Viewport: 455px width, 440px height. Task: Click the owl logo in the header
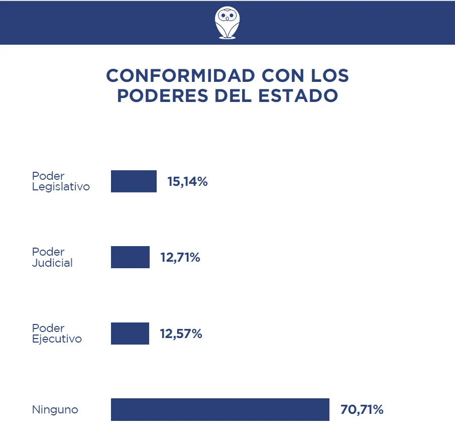click(226, 23)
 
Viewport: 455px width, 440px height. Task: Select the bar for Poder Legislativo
click(134, 181)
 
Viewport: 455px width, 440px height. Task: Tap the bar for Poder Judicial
click(130, 257)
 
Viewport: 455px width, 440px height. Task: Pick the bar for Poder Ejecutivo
click(130, 334)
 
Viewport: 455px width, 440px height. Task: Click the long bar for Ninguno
click(220, 409)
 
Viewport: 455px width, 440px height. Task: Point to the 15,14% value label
click(187, 182)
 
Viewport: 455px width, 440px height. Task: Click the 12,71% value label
click(180, 258)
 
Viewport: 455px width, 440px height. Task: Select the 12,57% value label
click(181, 334)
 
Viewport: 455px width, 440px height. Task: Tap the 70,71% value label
click(362, 410)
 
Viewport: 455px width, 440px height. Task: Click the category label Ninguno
click(55, 410)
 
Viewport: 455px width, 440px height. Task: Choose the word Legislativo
click(61, 187)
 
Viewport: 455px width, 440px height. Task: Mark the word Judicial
click(52, 263)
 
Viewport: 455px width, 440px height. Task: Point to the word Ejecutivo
click(57, 339)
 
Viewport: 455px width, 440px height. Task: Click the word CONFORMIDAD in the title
click(180, 76)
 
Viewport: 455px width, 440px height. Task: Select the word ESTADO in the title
click(298, 96)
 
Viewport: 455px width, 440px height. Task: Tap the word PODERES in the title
click(163, 96)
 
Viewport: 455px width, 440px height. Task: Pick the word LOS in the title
click(328, 76)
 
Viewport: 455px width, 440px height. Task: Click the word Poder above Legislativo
click(48, 176)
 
